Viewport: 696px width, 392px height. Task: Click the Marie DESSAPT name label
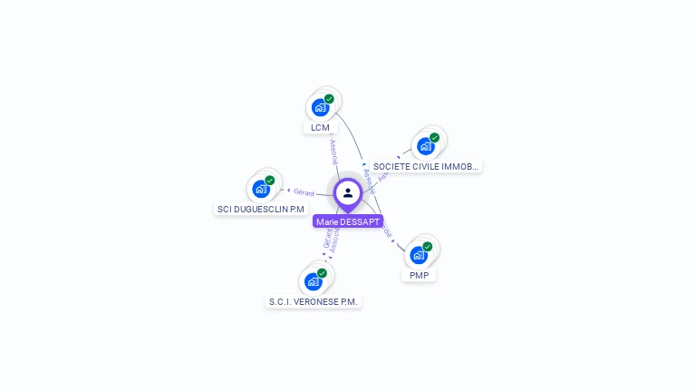click(348, 221)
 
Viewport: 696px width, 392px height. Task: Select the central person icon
click(348, 192)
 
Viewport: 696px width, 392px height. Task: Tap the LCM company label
click(320, 128)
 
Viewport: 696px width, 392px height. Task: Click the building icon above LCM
click(319, 108)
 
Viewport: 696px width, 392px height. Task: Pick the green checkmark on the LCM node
click(329, 99)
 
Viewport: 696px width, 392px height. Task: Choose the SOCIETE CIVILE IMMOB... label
click(425, 167)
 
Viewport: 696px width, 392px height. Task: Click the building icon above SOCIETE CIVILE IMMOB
click(425, 147)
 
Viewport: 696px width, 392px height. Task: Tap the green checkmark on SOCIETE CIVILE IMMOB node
click(434, 138)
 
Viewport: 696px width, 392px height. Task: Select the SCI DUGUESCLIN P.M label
click(261, 210)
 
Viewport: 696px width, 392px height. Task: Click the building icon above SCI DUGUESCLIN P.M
click(261, 190)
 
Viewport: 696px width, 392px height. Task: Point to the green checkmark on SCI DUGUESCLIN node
click(270, 181)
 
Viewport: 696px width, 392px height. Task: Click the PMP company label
click(419, 275)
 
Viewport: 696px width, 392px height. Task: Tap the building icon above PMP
click(418, 255)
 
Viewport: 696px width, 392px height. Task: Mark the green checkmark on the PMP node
click(428, 246)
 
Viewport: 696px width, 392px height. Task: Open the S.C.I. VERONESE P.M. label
click(314, 301)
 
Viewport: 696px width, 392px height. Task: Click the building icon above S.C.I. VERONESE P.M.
click(314, 281)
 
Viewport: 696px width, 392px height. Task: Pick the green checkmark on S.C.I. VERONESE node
click(323, 272)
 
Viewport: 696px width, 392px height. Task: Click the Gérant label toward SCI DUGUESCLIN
click(304, 191)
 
